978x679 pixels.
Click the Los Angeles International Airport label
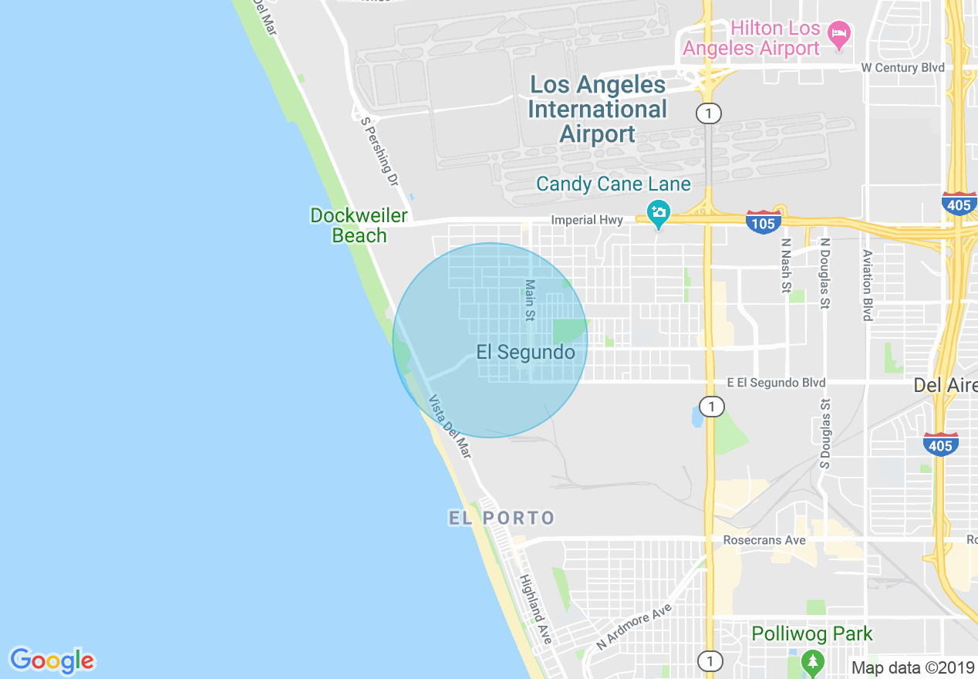[597, 109]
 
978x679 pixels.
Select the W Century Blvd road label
[902, 68]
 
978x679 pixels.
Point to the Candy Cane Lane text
[613, 184]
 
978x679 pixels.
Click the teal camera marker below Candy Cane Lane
[658, 214]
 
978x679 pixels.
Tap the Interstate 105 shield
[763, 223]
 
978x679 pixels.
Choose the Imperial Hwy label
[587, 221]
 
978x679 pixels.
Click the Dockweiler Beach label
[359, 225]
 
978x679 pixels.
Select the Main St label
[529, 300]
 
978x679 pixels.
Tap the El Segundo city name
[525, 353]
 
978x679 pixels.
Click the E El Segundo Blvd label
[776, 383]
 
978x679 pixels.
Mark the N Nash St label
[786, 265]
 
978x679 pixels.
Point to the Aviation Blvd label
[868, 285]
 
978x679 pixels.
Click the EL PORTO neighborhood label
[502, 518]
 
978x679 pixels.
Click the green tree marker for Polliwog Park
[811, 661]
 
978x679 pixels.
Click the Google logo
[52, 661]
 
